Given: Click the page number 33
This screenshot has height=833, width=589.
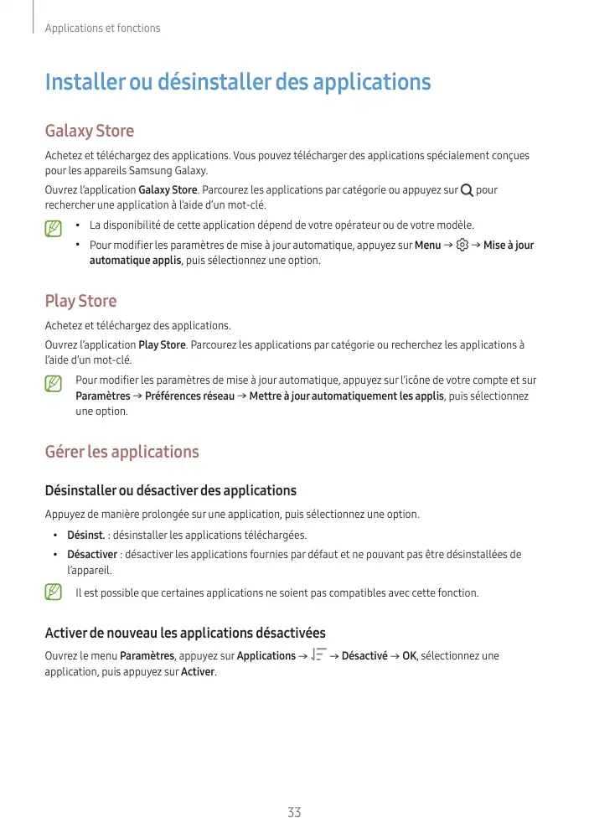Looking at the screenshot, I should [294, 812].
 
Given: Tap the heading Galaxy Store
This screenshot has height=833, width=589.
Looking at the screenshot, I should [89, 132].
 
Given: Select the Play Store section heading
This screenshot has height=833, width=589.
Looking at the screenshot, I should [80, 301].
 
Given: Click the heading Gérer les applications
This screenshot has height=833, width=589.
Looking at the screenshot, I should [121, 453].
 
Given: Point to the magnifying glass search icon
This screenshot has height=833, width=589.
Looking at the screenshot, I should [467, 190].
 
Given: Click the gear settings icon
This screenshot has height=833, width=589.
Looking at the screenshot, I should [462, 246].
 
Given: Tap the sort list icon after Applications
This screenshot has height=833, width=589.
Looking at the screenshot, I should [318, 655].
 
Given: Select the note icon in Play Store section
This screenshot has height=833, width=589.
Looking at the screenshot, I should [54, 384].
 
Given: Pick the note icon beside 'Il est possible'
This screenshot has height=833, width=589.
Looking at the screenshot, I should [54, 592].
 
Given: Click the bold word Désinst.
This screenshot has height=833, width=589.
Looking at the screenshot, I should [85, 535].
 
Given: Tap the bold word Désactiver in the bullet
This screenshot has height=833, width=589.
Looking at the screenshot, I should [92, 554].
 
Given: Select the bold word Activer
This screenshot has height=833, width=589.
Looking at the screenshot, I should [198, 672].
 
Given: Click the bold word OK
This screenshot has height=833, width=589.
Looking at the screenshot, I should [409, 655].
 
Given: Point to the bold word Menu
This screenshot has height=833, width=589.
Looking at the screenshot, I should [427, 246].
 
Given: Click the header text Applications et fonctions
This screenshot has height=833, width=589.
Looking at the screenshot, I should [102, 28].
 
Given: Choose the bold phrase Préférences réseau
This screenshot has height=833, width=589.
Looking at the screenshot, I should [189, 396].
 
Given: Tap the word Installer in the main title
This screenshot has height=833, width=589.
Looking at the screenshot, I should [84, 83].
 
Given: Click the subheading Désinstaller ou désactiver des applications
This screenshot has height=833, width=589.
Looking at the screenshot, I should [170, 490].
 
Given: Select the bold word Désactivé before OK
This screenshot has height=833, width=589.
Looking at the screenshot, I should [364, 655].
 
